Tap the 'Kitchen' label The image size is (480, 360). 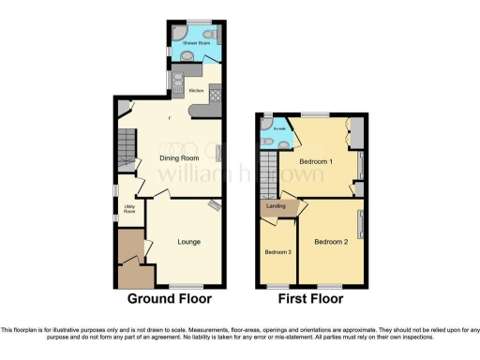pos(196,90)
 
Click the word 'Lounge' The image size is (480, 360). pos(190,242)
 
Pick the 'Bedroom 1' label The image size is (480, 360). pos(316,161)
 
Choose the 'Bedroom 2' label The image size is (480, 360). pos(331,242)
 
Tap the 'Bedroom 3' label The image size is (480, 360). pos(277,252)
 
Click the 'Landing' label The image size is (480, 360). pos(276,206)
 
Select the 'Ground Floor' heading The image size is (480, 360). pos(170,299)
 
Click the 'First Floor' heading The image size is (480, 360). pos(311,299)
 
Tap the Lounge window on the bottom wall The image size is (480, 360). pos(184,286)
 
